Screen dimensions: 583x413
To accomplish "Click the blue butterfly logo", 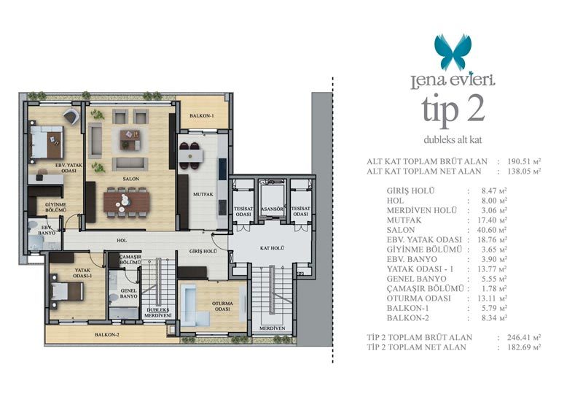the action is coord(453,52).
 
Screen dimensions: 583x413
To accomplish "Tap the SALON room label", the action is coord(131,179).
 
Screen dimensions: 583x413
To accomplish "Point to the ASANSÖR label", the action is coord(272,209).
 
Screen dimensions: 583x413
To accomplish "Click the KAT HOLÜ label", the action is coord(272,248).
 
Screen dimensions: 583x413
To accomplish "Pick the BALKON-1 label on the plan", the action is coord(202,116).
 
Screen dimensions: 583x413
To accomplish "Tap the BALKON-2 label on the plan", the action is coord(106,335).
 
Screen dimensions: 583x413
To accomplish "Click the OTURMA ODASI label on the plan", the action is coord(222,306).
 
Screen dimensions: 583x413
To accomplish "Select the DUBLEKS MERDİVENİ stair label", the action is coord(158,313).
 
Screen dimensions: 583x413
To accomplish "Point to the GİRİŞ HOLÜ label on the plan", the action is coord(203,251).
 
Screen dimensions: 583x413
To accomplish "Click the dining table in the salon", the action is coord(126,201).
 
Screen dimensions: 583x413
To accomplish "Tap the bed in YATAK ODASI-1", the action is coord(67,291).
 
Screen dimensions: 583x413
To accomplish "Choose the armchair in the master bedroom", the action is coord(71,115).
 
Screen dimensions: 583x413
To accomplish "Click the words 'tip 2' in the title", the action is coord(453,109).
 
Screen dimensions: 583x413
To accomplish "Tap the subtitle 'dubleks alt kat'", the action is coord(453,140).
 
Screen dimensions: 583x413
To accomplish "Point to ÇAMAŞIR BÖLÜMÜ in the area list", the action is coord(425,289).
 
